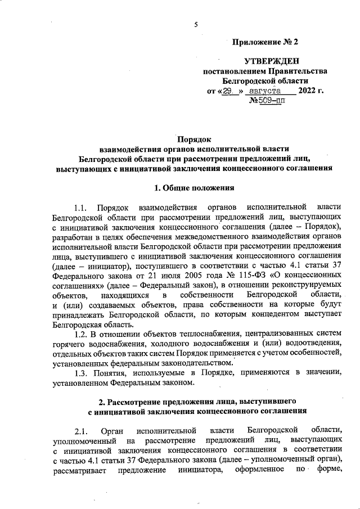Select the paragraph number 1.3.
[x=82, y=373]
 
